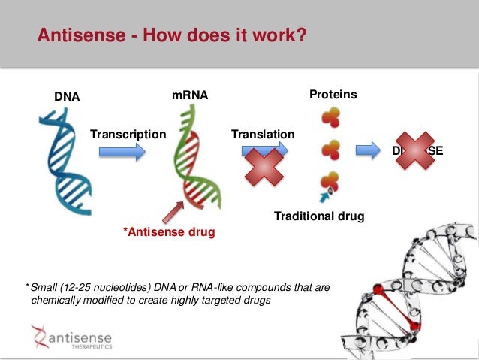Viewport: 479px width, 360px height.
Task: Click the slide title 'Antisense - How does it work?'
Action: point(173,35)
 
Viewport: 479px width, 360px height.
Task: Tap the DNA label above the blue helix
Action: point(67,96)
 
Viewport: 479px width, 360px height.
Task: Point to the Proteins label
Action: point(333,95)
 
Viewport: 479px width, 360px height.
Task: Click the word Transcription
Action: point(128,135)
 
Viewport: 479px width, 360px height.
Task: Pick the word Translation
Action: point(263,135)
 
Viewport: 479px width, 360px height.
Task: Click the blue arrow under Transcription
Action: point(122,153)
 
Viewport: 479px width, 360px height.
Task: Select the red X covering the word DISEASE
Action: point(414,151)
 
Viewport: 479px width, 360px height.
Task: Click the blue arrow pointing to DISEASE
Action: point(368,150)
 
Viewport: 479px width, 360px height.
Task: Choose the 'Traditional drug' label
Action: point(319,216)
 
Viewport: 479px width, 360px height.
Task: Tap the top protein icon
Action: point(330,118)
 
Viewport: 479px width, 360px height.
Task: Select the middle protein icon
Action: point(330,150)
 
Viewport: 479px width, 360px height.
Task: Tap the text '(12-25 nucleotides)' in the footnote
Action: point(110,288)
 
